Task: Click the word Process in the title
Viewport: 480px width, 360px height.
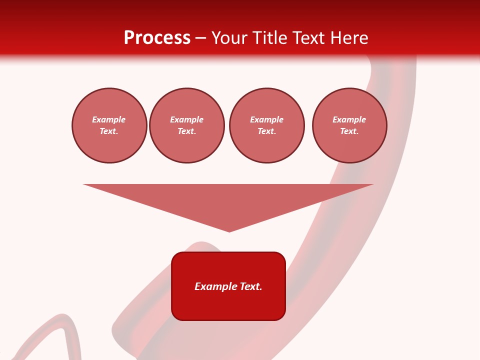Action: click(157, 37)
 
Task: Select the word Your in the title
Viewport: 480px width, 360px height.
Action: click(230, 37)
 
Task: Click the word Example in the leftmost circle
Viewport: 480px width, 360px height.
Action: click(109, 119)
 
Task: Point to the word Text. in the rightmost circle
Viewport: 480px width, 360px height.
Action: click(349, 131)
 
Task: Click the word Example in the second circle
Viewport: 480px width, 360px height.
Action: click(186, 119)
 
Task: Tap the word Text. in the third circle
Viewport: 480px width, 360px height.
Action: click(266, 131)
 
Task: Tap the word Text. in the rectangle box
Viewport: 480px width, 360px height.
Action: click(251, 286)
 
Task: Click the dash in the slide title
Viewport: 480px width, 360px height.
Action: click(201, 38)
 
